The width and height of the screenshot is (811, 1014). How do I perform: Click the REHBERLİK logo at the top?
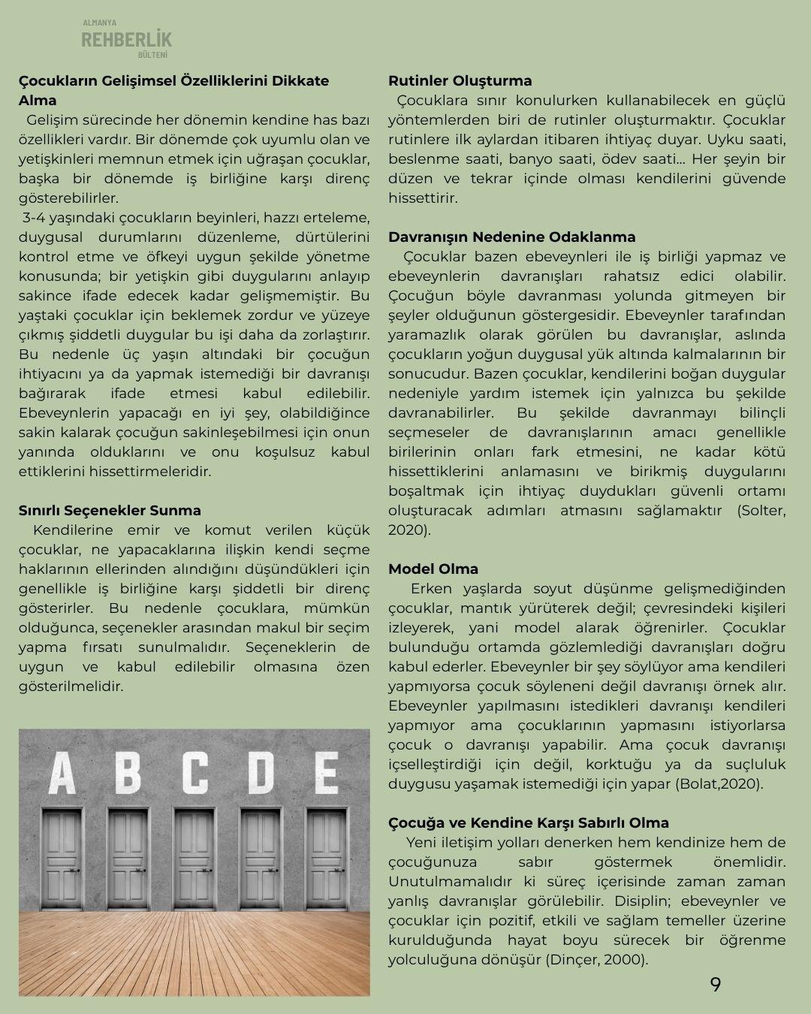click(x=126, y=39)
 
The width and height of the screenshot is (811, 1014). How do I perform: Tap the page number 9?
click(x=715, y=984)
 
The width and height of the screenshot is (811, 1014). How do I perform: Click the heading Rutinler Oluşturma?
click(x=460, y=81)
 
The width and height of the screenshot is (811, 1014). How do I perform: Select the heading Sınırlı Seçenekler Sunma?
click(x=110, y=511)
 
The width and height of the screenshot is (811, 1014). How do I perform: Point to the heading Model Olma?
click(x=433, y=569)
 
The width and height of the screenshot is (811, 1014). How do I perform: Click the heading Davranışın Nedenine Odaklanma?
click(x=511, y=237)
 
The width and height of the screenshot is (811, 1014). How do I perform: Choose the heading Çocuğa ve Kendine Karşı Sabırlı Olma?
click(x=528, y=823)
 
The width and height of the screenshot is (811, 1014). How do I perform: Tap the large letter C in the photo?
click(x=194, y=772)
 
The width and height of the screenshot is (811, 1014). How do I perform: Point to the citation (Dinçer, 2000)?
click(x=596, y=960)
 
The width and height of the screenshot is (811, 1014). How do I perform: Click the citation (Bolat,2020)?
click(x=719, y=784)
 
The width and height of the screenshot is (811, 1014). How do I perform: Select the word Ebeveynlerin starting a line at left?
click(x=65, y=413)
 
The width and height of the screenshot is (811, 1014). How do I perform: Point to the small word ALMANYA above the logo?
click(x=99, y=23)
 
